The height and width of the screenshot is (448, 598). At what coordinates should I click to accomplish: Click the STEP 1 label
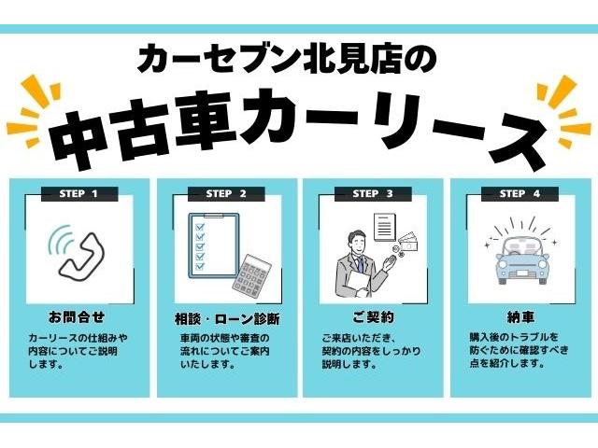(x=81, y=194)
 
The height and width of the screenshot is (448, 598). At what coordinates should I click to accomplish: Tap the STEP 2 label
(x=225, y=194)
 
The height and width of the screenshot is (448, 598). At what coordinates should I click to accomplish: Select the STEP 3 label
(x=372, y=194)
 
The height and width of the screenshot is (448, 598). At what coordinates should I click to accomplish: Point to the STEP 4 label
(x=519, y=194)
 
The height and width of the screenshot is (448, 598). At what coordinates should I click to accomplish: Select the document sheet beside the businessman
(x=384, y=226)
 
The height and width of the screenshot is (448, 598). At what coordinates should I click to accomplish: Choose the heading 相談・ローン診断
(x=227, y=317)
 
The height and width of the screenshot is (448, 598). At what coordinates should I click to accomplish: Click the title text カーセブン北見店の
(x=286, y=60)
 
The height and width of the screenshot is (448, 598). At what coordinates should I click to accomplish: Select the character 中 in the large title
(x=88, y=131)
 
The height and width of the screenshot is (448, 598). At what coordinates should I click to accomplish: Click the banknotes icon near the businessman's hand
(x=409, y=245)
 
